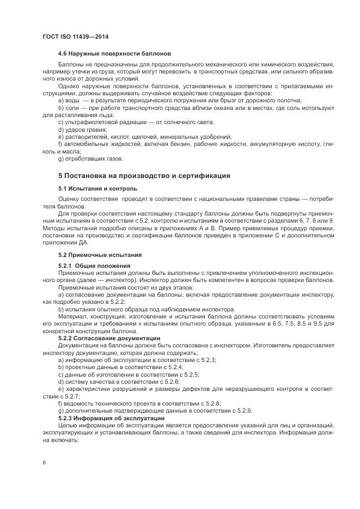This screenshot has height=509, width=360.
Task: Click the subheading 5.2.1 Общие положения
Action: coord(94,266)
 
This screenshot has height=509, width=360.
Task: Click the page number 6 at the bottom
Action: coord(44,462)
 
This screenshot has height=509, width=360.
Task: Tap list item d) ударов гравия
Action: coord(81,130)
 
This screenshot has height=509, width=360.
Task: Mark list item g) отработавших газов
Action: coord(90,159)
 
